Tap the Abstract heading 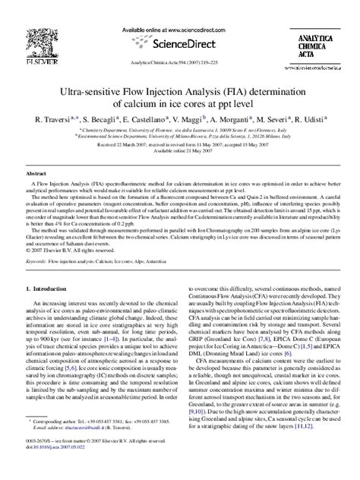click(x=37, y=173)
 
